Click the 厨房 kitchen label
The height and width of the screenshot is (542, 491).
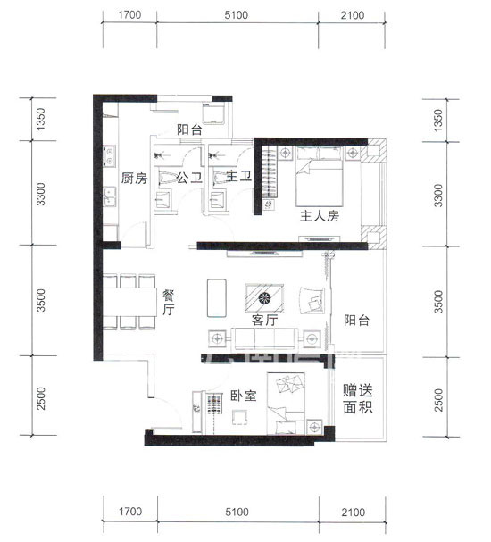[x=134, y=179]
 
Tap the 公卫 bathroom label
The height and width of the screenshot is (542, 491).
[x=189, y=178]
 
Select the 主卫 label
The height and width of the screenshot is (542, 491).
[x=238, y=176]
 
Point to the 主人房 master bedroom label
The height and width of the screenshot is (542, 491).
[x=320, y=216]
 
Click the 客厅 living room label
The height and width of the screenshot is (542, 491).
[x=264, y=320]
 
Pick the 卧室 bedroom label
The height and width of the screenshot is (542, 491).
[x=244, y=396]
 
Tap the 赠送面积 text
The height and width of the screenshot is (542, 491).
[x=358, y=399]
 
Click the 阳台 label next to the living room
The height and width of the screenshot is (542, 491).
[x=356, y=320]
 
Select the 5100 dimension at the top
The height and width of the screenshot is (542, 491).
[x=237, y=15]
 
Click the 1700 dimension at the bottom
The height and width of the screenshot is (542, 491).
[x=130, y=512]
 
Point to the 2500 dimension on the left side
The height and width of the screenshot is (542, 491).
[x=41, y=398]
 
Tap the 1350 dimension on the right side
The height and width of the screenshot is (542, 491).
[x=437, y=120]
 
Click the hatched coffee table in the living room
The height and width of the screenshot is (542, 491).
[x=264, y=298]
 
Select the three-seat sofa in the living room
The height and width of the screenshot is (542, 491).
[x=265, y=338]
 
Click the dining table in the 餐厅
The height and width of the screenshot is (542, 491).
[x=130, y=302]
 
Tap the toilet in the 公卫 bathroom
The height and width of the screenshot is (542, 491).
[x=165, y=177]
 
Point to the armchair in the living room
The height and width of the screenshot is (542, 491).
[x=312, y=300]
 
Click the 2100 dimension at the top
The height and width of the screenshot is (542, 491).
[x=353, y=15]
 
